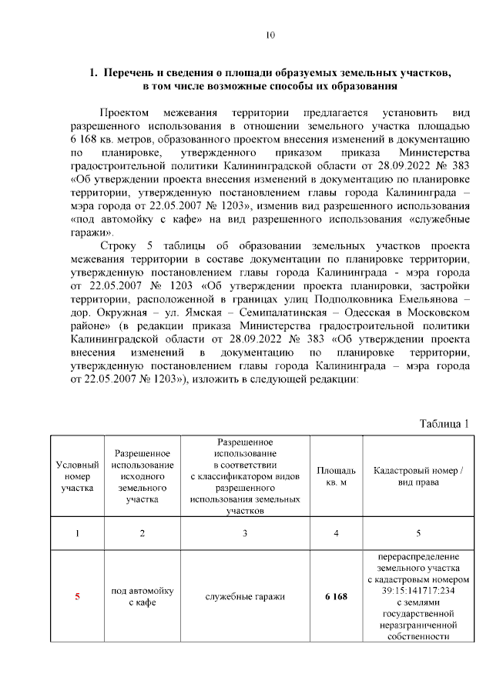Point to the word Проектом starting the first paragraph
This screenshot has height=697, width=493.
click(x=126, y=112)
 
